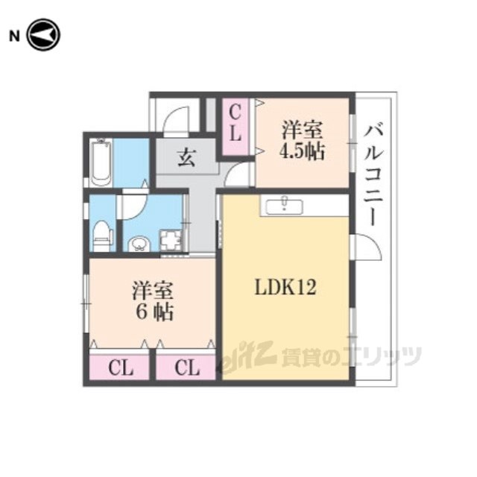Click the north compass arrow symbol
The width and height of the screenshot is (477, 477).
point(43,35)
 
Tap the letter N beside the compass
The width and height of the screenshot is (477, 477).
point(15,37)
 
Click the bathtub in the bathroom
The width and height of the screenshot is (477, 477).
point(101,162)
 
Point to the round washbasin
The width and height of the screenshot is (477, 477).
point(139,244)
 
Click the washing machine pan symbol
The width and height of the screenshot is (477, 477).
point(171,240)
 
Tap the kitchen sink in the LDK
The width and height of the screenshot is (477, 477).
point(284,206)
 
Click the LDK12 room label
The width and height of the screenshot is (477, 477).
point(285,287)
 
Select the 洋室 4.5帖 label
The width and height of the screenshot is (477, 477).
point(302,140)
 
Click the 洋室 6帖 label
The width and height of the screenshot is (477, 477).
point(153,301)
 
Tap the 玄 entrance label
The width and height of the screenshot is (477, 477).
point(186,158)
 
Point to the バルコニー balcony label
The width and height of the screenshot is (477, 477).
point(373,175)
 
